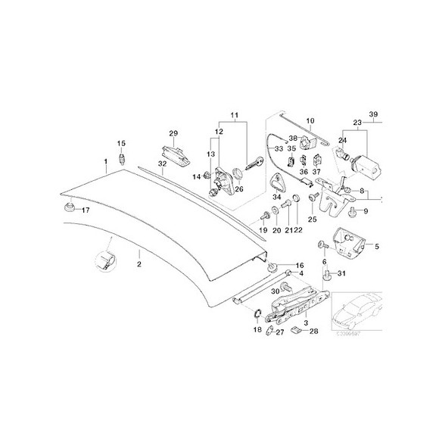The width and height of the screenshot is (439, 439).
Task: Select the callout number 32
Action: click(162, 163)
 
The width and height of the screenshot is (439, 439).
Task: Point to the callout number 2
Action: click(139, 264)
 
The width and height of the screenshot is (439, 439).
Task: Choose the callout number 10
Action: click(309, 121)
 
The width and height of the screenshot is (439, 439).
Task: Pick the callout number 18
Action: click(257, 331)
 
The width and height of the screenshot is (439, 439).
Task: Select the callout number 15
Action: click(120, 143)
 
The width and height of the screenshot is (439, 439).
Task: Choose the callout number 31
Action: click(341, 273)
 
